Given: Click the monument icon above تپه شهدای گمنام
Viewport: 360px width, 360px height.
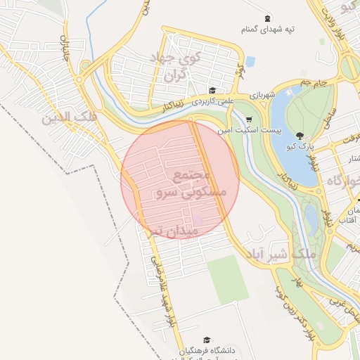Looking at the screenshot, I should [266, 18].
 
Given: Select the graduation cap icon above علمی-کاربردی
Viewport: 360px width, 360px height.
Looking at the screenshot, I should [212, 90].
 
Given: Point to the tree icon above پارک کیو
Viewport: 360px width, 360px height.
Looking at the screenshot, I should [300, 136].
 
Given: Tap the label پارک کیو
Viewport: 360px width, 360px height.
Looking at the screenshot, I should [300, 147].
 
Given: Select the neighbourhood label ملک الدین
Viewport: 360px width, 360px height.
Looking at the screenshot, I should [69, 117].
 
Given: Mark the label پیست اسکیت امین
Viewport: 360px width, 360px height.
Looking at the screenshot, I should [257, 131].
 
